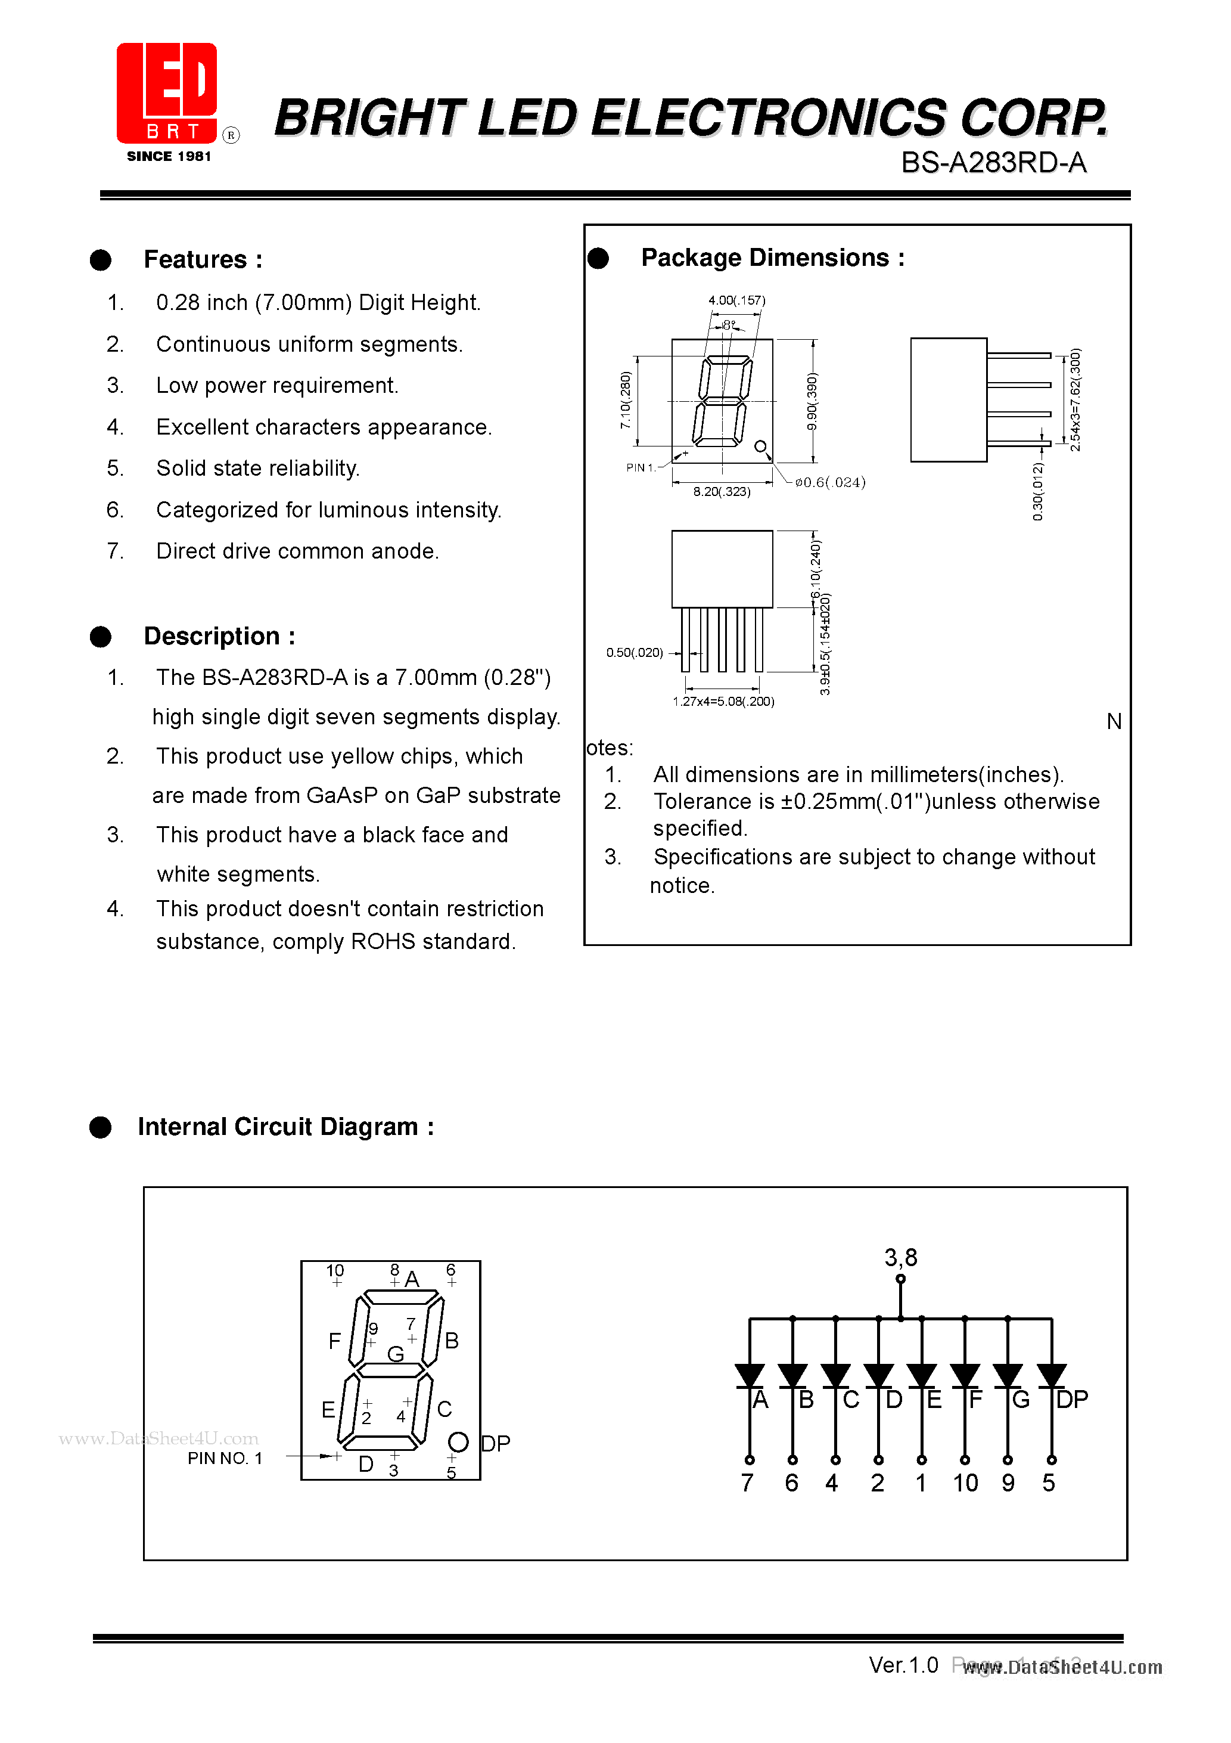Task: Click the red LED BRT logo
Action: [167, 94]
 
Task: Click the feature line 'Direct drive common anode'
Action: [297, 551]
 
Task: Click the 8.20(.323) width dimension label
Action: [721, 492]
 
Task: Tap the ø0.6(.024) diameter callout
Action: [829, 482]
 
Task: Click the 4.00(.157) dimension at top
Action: [736, 300]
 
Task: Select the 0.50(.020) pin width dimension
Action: [634, 653]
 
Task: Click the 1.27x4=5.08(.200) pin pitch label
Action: [723, 702]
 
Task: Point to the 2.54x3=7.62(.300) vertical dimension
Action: [1075, 400]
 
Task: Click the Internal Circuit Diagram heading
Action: [285, 1127]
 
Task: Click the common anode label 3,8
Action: [900, 1258]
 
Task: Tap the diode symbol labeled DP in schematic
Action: [1051, 1376]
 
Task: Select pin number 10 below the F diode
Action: [965, 1483]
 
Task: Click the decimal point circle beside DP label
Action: [458, 1441]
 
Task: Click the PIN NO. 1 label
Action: [225, 1458]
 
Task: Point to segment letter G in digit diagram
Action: [396, 1354]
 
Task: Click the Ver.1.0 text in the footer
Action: [903, 1666]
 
